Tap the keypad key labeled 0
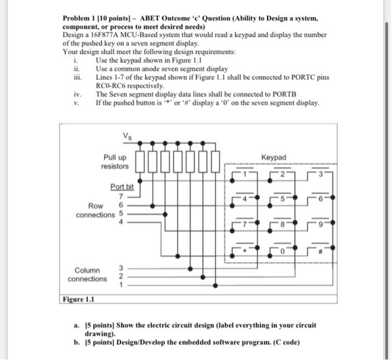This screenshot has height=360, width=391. [283, 251]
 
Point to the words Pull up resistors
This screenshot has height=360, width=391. [115, 162]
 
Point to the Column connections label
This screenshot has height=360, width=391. [87, 274]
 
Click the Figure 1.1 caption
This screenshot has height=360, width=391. [79, 299]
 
